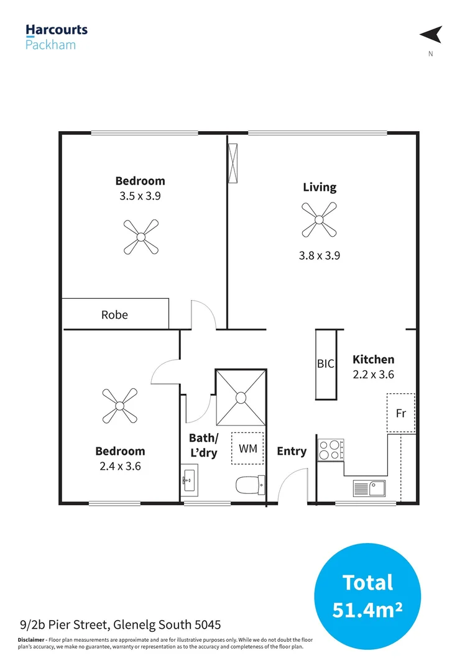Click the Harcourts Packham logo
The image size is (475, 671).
[x=56, y=36]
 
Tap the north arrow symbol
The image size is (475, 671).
[x=431, y=35]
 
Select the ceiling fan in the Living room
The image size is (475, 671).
[x=320, y=219]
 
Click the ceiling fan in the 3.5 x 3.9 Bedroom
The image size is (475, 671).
[x=141, y=236]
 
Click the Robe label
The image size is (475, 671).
[x=114, y=315]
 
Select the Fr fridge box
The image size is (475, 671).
[x=401, y=413]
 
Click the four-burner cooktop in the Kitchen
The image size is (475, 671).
[x=331, y=449]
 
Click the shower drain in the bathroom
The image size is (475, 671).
[x=240, y=396]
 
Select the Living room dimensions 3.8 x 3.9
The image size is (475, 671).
[x=320, y=255]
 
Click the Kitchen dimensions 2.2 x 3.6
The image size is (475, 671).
[x=373, y=375]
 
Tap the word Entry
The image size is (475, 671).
[x=292, y=451]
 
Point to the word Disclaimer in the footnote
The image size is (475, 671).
[x=31, y=640]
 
